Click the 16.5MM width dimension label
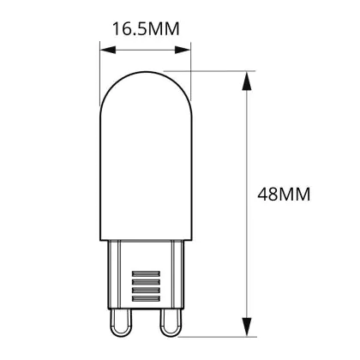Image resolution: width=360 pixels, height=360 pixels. (x=146, y=29)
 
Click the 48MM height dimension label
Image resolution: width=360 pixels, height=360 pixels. (x=284, y=195)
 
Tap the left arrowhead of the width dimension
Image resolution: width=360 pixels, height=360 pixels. (x=108, y=50)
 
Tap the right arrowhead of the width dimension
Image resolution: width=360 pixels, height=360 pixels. (x=183, y=50)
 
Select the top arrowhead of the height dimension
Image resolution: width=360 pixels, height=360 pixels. (x=247, y=81)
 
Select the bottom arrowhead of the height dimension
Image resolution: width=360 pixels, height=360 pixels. (x=247, y=327)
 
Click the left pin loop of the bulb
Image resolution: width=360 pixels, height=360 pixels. (x=121, y=323)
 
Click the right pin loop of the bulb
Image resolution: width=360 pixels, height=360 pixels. (x=171, y=323)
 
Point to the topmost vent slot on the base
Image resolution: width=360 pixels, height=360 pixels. (x=146, y=273)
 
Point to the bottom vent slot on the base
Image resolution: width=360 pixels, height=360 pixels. (x=146, y=299)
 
